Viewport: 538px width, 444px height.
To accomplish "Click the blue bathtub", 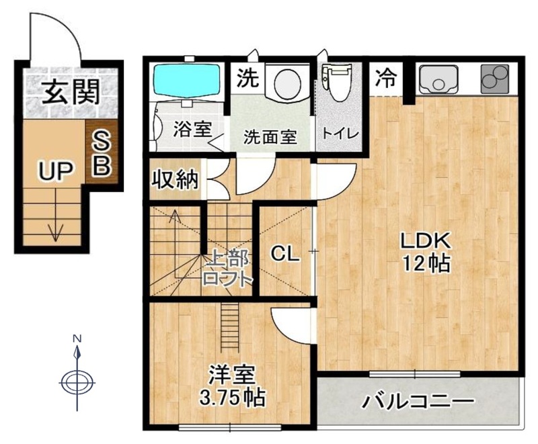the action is click(x=186, y=80).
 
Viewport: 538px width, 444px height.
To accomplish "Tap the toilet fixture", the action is click(x=337, y=82).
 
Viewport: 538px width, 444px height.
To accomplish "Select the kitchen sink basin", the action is click(x=439, y=79).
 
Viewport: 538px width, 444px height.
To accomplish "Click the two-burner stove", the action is click(x=495, y=79).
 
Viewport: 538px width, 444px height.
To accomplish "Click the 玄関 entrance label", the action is click(x=71, y=92).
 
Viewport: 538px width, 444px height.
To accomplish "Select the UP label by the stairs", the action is click(x=56, y=171).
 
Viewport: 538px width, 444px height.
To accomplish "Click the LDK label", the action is click(x=426, y=241).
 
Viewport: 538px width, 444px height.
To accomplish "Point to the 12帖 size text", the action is click(x=426, y=263).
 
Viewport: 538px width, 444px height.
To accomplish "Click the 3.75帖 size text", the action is click(x=232, y=397).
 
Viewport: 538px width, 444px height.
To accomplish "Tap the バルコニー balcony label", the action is click(x=418, y=401).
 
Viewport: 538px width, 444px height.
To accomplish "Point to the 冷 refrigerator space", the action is click(x=385, y=78).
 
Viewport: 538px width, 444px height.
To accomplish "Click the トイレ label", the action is click(x=340, y=133).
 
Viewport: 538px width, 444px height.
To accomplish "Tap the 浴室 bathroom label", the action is click(x=192, y=130).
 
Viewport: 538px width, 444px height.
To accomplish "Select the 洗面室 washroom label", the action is click(x=270, y=137).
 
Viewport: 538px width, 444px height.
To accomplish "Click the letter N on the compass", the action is click(x=77, y=339).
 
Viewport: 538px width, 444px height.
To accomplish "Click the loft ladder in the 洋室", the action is click(x=227, y=326).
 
